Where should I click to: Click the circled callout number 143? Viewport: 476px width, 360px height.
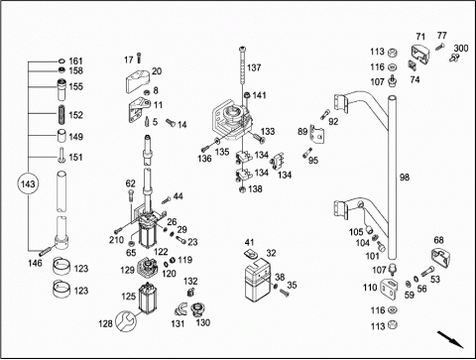[28, 183]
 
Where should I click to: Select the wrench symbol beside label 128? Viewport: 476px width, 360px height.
[126, 321]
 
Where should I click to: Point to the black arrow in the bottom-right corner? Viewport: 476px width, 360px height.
[450, 339]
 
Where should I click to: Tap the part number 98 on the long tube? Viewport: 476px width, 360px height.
[405, 178]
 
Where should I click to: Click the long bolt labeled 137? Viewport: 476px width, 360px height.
[242, 69]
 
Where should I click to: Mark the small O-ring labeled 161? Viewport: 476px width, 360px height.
[61, 61]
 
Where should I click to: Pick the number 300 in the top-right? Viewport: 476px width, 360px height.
[461, 49]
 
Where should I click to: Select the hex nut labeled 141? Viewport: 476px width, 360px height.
[247, 95]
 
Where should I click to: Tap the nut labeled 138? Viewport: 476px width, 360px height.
[242, 189]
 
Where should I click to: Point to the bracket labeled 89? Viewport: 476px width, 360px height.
[316, 134]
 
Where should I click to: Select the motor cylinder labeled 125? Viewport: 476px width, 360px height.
[146, 298]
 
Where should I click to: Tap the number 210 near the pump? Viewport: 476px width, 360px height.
[116, 240]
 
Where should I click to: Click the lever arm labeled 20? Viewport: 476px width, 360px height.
[138, 81]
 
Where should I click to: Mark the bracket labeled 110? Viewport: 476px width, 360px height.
[389, 289]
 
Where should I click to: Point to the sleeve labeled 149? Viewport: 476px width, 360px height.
[61, 136]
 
